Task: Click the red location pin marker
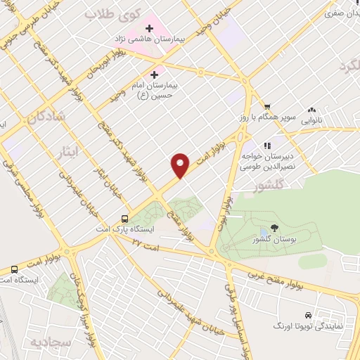tap(181, 165)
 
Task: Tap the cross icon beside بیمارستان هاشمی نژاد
tap(148, 27)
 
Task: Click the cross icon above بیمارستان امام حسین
tap(154, 74)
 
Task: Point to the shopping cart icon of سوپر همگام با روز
tap(266, 107)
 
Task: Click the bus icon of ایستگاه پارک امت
tap(124, 218)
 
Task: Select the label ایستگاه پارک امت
tap(125, 229)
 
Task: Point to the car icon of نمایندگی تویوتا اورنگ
tap(309, 316)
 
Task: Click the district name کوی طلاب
tap(113, 13)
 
